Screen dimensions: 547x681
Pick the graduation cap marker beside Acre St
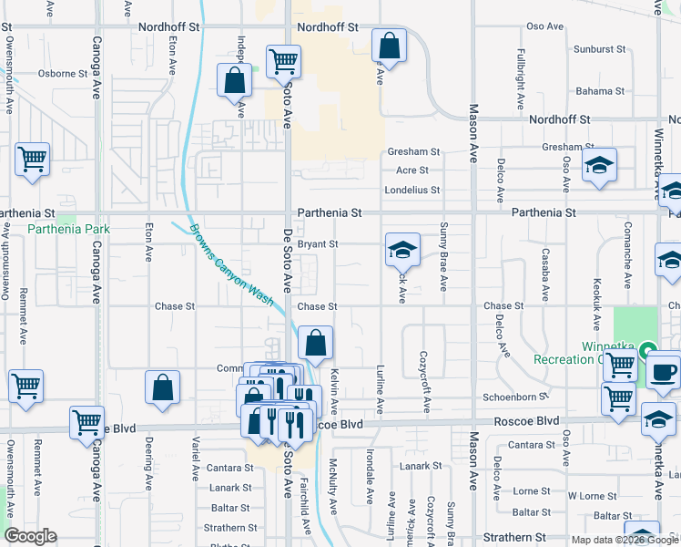599,165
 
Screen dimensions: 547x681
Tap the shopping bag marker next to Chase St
315,344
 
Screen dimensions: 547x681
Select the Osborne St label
62,73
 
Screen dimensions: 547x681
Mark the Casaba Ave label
545,275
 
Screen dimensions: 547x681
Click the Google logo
30,536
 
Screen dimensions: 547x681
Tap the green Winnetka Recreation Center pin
647,349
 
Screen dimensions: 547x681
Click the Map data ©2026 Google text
624,540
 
